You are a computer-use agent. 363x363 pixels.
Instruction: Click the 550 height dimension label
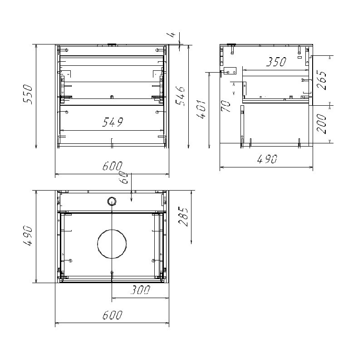tap(28, 94)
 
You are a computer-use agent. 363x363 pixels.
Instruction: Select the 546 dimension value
tap(181, 96)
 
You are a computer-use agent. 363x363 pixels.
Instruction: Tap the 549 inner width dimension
tap(113, 122)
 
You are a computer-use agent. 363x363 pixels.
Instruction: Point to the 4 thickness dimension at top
tap(172, 34)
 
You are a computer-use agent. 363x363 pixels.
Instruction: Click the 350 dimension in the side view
tap(276, 62)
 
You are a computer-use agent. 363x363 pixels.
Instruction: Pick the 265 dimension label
tap(322, 80)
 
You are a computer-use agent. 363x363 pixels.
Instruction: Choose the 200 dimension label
tap(321, 123)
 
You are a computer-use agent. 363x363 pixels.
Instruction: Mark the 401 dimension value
tap(201, 109)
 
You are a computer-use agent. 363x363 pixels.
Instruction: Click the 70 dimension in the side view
tap(226, 106)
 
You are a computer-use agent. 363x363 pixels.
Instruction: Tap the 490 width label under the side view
tap(267, 159)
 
